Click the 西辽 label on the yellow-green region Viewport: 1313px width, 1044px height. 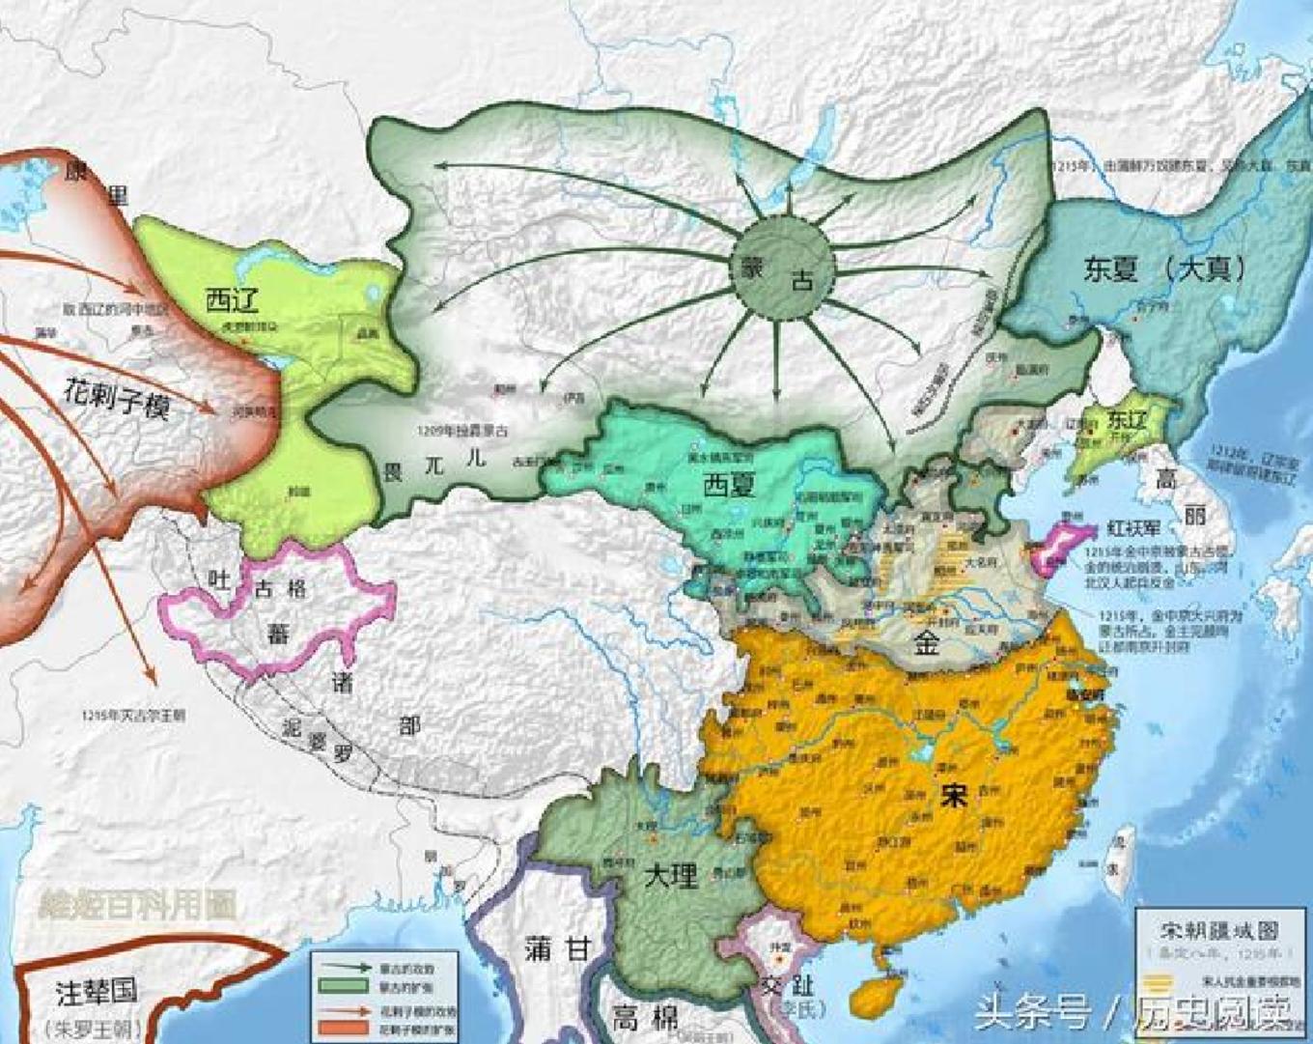pos(232,300)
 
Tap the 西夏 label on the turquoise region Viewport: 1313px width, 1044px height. pos(728,485)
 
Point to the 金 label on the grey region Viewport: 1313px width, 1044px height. pos(927,642)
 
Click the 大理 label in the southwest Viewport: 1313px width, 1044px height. pos(670,876)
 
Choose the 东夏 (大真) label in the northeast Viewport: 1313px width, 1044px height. pos(1163,268)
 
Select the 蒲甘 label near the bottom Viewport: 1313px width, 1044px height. pos(557,948)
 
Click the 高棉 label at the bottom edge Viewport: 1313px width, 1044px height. pos(644,1016)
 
